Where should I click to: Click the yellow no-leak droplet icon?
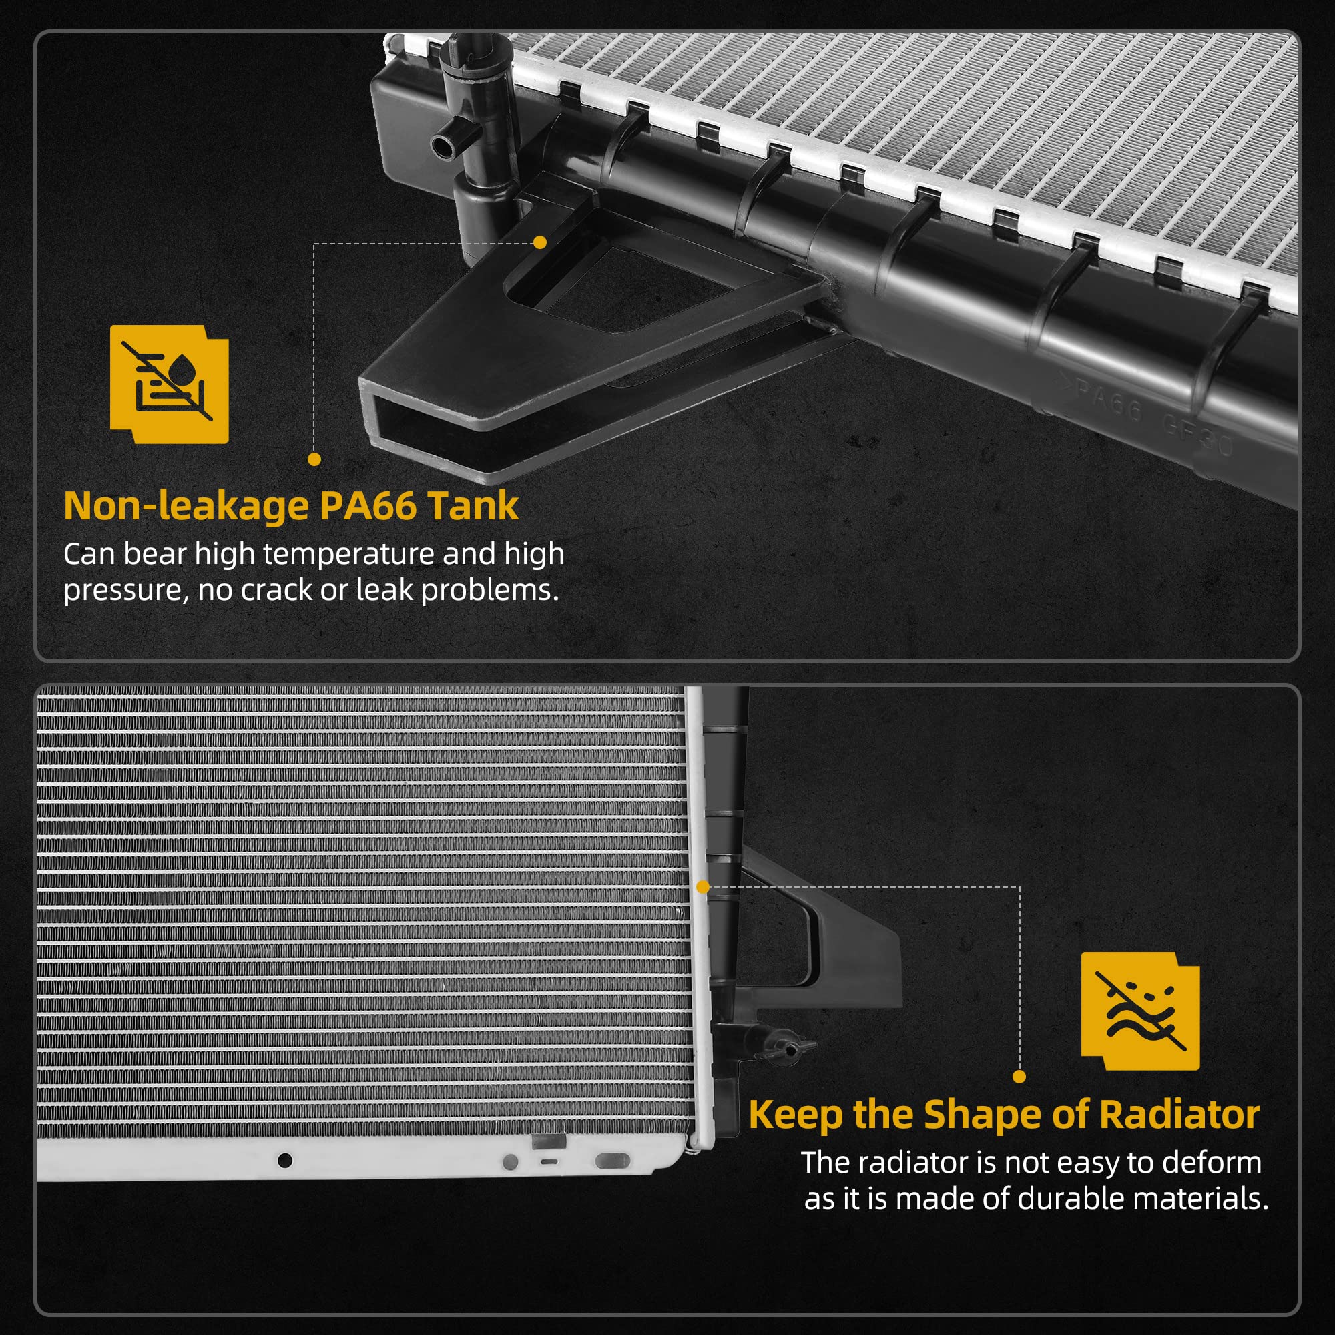tap(170, 384)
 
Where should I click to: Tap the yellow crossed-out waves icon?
tap(1141, 1011)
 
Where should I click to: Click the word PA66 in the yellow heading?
tap(368, 507)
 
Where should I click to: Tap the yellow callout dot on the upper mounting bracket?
tap(541, 242)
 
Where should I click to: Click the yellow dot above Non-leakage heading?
tap(314, 459)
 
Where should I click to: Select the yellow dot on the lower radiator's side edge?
tap(703, 886)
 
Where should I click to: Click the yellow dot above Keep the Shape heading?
tap(1019, 1076)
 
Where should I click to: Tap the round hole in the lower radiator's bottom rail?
tap(284, 1160)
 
